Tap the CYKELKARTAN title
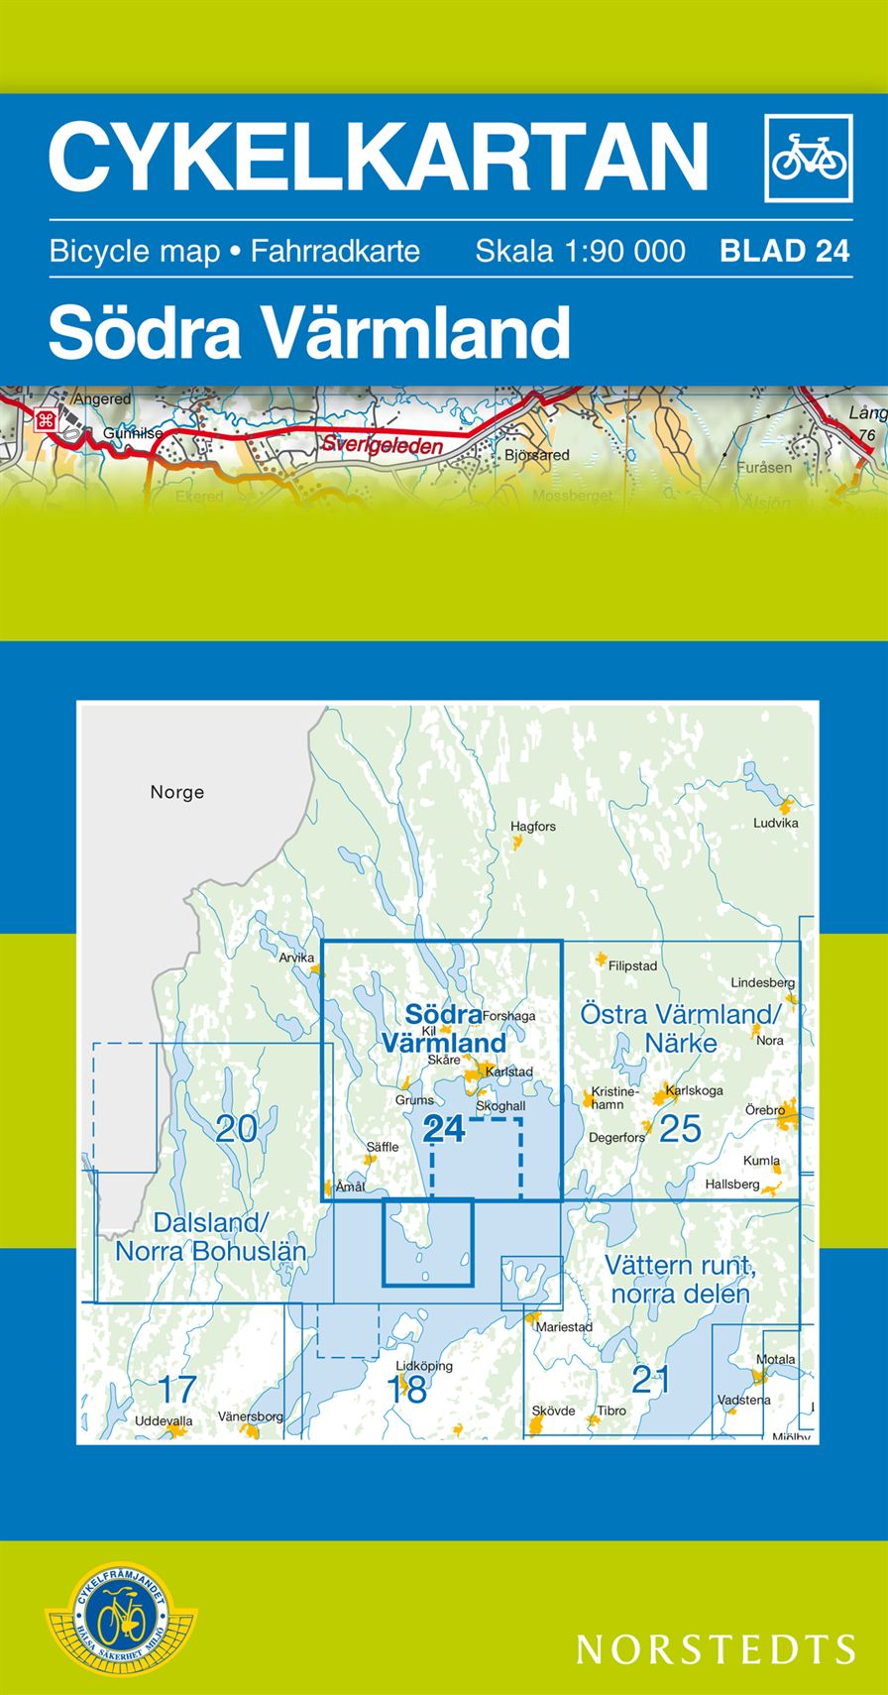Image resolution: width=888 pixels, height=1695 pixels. (x=379, y=156)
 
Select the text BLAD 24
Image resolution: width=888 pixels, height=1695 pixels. (x=785, y=251)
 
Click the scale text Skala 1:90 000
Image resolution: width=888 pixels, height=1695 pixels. (x=580, y=251)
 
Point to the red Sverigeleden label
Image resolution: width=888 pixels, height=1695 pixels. (x=382, y=445)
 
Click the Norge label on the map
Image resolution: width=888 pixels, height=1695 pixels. (x=177, y=792)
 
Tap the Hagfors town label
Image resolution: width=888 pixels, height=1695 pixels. (x=533, y=826)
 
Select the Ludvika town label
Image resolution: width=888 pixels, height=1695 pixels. (x=775, y=823)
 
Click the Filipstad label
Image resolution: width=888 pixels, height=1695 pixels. (x=632, y=964)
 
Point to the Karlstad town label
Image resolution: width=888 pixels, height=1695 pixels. (x=509, y=1072)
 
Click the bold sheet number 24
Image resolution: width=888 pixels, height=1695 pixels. (x=443, y=1128)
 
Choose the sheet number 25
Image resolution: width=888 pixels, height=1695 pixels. (x=680, y=1128)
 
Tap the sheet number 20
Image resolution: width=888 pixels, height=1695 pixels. (x=236, y=1128)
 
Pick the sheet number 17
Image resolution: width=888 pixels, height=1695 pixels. (x=176, y=1389)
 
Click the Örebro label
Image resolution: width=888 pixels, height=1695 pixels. (x=765, y=1110)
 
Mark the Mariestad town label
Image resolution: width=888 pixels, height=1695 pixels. (x=564, y=1326)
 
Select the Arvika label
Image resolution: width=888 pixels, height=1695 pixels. (x=296, y=958)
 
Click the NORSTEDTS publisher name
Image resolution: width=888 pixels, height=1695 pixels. (x=716, y=1648)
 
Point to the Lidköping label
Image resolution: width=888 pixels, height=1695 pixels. (x=423, y=1365)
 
